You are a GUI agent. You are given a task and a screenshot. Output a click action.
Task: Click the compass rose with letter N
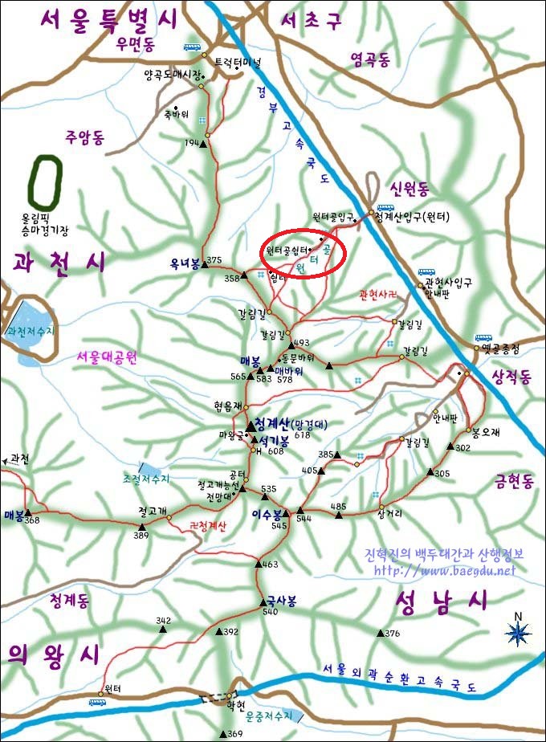518,633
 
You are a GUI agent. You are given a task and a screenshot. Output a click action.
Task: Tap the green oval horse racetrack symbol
45,181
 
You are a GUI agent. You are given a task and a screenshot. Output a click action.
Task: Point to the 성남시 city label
441,601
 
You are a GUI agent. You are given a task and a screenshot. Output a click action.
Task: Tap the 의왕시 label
48,653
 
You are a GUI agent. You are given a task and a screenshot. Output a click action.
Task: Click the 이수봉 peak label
267,514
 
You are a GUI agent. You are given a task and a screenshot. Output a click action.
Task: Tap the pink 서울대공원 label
108,358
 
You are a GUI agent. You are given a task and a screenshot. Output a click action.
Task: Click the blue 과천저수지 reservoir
26,331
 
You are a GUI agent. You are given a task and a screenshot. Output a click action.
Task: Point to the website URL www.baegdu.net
445,571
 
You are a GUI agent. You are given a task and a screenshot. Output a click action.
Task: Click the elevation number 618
302,434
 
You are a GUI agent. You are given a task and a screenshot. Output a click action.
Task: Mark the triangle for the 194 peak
203,145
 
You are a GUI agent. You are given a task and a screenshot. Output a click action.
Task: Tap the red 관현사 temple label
379,295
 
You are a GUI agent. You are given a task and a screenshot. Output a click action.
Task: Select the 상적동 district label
511,377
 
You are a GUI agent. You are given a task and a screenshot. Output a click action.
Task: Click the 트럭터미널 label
238,61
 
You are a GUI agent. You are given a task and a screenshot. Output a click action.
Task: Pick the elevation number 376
392,634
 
